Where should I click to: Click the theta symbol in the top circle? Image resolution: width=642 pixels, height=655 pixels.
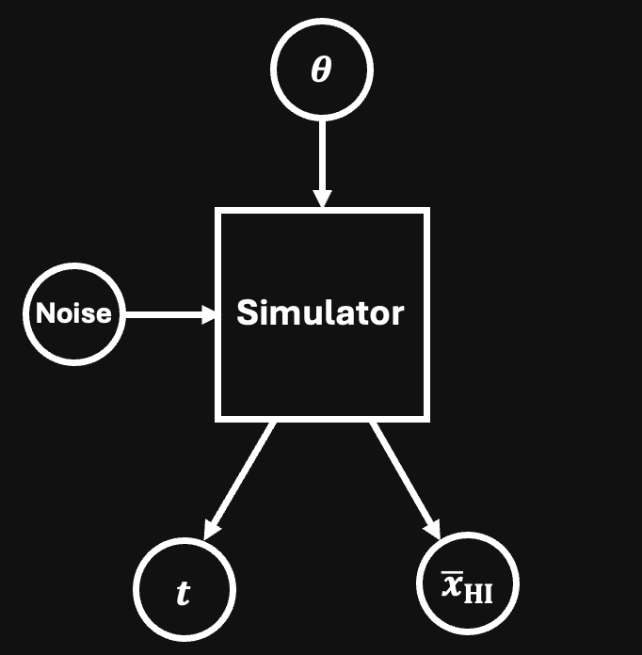pyautogui.click(x=321, y=71)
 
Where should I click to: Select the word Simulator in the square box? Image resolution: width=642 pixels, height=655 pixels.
pyautogui.click(x=320, y=312)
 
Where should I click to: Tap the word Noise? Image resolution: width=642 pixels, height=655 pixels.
pyautogui.click(x=73, y=313)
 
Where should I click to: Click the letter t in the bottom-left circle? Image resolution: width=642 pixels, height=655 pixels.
pyautogui.click(x=184, y=593)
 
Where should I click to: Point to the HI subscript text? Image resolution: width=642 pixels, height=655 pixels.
pyautogui.click(x=477, y=594)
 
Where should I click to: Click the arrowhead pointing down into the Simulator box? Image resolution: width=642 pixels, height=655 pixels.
pyautogui.click(x=322, y=199)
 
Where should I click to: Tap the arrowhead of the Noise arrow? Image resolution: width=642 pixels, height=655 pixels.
pyautogui.click(x=208, y=314)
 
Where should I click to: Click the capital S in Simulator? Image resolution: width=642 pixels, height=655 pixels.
pyautogui.click(x=247, y=312)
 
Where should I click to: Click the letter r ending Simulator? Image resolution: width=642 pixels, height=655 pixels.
pyautogui.click(x=397, y=315)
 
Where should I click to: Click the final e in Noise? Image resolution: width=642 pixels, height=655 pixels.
pyautogui.click(x=104, y=315)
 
